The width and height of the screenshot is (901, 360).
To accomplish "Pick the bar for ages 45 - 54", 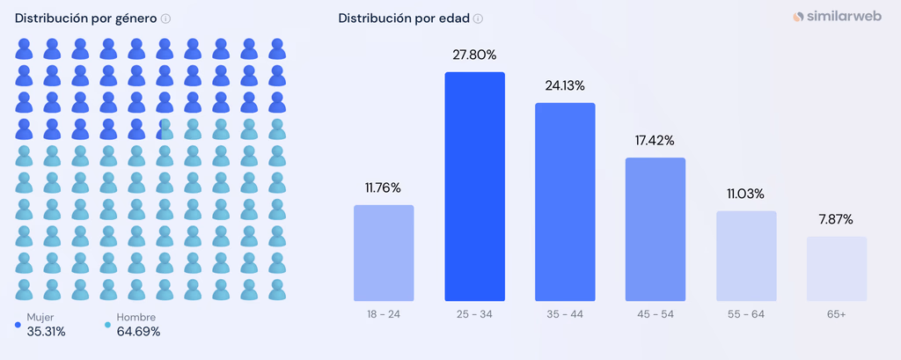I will point(656,230).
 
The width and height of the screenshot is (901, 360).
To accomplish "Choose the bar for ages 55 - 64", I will point(746,256).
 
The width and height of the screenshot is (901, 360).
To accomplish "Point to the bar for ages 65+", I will point(837,268).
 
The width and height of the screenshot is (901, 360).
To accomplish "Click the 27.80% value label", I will point(474,55).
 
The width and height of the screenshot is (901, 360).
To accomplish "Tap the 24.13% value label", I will point(565,85).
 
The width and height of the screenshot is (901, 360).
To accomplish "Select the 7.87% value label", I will point(837,219).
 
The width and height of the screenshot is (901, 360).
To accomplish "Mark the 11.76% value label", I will point(384,187).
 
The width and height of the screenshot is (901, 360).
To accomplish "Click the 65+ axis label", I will point(837,314).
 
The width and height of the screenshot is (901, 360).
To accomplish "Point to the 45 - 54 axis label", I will point(656,314).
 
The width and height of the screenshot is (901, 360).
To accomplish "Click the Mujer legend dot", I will point(18,325).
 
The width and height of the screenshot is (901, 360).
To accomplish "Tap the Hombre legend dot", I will point(108,325).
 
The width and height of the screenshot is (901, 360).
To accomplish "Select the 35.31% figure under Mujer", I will point(46,332).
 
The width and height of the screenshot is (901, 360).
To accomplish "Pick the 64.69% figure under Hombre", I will point(138,332).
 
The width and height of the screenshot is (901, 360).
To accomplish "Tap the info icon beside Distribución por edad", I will point(478,18).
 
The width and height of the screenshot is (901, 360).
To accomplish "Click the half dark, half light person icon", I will point(165,129).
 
